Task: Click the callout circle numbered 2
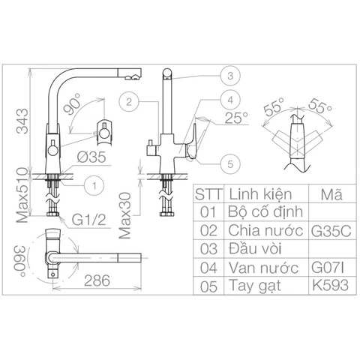tap(130, 100)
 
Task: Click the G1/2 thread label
tap(88, 220)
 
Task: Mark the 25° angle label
tap(235, 117)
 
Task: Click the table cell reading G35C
tap(330, 230)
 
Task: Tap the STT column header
tap(207, 193)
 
